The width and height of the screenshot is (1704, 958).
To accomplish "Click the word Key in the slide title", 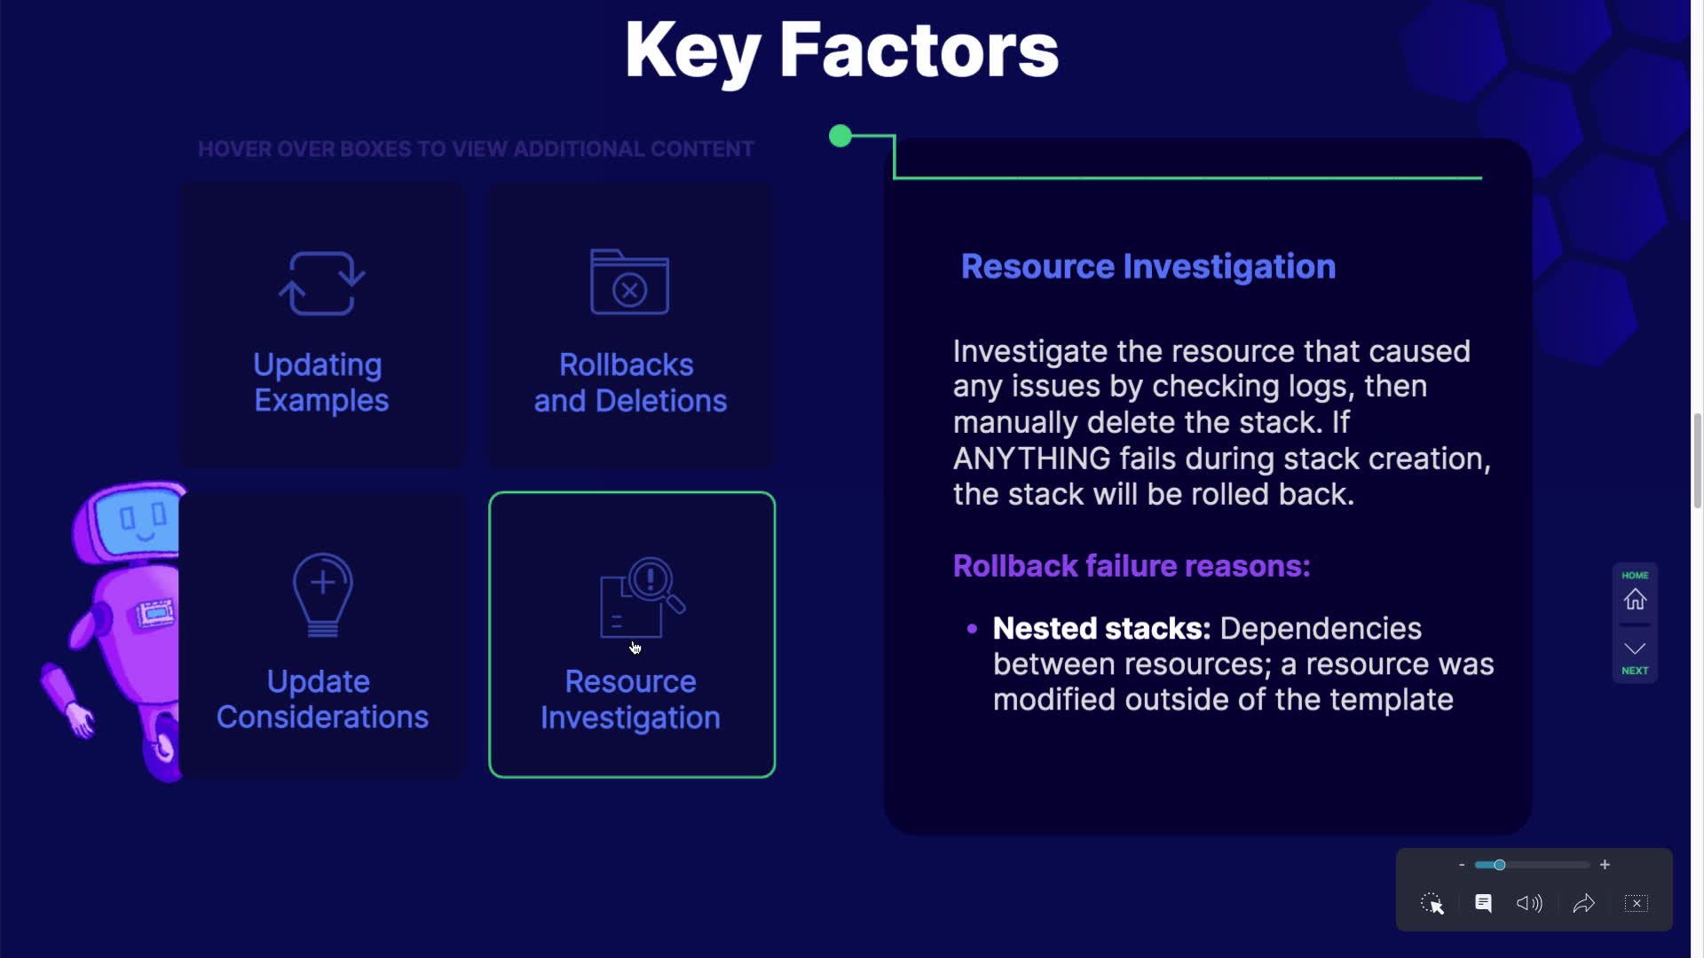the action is click(692, 51).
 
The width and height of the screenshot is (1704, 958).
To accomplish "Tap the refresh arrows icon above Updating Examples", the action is click(321, 283).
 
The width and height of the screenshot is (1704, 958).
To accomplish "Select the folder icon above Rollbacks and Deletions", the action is click(629, 282).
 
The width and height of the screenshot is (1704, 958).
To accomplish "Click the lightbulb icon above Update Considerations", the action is click(323, 595).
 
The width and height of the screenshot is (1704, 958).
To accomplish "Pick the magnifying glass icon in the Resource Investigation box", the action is click(657, 584).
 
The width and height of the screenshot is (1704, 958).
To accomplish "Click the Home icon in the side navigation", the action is click(1635, 600).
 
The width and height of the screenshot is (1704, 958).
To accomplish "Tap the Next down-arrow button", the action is click(1635, 657).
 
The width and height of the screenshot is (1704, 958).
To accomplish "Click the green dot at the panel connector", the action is click(840, 136).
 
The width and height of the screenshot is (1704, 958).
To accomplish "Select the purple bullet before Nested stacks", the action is click(972, 629).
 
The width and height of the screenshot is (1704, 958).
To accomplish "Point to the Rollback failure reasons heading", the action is click(1132, 566).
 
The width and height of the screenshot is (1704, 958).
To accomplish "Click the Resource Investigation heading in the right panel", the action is click(1148, 267).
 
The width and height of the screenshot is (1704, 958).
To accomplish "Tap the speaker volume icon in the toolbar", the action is click(1529, 903).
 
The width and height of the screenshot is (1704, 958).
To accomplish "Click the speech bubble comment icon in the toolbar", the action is click(1483, 903).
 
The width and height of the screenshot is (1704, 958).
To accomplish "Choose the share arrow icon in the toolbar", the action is click(1584, 903).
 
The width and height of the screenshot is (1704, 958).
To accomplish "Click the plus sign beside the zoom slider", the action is click(1605, 865).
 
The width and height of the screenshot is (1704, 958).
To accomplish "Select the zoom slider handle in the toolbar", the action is click(1499, 865).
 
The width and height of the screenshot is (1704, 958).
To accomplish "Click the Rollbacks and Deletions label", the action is click(630, 382).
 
